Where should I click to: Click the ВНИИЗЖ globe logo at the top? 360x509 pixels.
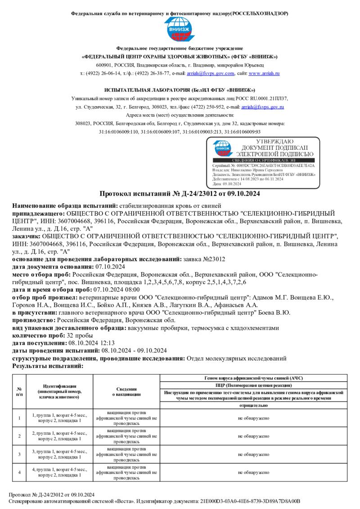(180, 30)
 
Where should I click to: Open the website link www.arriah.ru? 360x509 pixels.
(264, 73)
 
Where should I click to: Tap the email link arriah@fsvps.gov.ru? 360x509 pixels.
(262, 107)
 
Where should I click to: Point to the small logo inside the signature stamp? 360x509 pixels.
(224, 148)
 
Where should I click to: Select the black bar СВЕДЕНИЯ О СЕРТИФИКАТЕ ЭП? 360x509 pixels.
(264, 160)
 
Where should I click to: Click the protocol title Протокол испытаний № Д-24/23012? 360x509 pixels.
(180, 194)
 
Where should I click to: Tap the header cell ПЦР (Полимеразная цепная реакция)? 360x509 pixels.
(254, 385)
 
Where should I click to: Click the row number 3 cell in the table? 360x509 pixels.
(19, 454)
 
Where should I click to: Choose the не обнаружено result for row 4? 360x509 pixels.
(254, 473)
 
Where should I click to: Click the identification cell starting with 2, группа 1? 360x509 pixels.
(59, 436)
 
